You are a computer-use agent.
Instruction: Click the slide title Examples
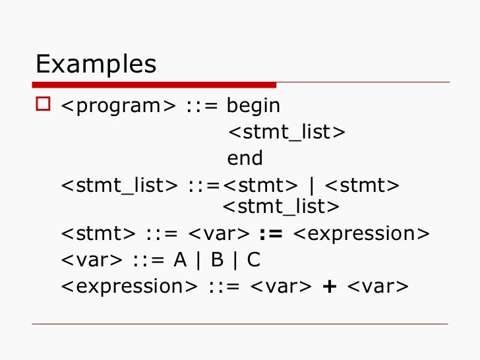96,65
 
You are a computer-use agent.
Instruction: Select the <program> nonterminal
118,105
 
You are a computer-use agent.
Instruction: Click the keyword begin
253,105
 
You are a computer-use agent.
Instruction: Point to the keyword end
245,158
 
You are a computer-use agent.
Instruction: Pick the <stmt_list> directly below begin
286,132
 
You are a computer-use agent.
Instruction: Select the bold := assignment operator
270,234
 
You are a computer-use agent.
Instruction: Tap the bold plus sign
330,287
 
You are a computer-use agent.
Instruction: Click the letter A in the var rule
180,260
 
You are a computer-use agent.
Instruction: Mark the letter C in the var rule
253,260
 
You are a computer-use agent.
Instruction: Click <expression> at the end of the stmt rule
359,234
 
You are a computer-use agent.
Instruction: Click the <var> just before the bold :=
219,234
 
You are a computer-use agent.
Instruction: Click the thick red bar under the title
155,84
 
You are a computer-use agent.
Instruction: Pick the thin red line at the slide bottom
240,324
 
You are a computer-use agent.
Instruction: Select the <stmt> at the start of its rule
98,234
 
